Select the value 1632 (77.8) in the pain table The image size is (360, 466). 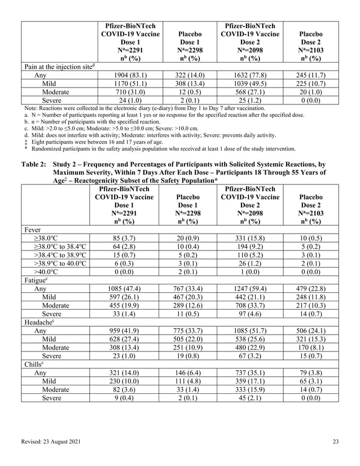tap(250, 75)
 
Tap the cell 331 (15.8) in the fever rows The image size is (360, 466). tap(250, 239)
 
